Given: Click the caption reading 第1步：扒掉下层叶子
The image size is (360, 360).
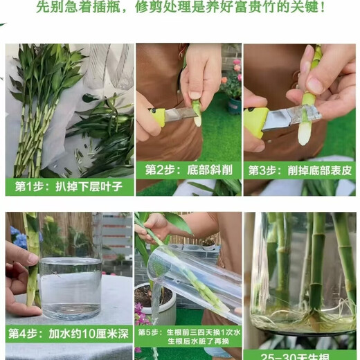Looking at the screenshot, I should click(x=69, y=186).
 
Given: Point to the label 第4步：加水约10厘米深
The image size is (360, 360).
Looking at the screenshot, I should click(x=69, y=334).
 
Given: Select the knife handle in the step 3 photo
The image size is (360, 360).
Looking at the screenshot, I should click(x=257, y=122).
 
